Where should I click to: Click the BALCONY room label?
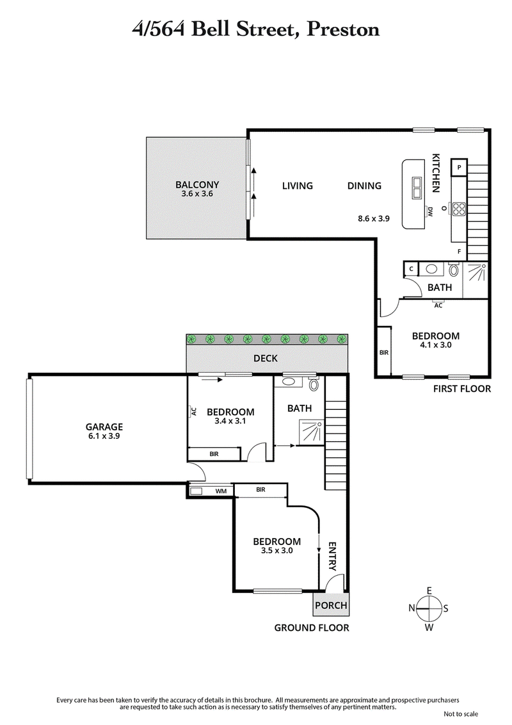pyautogui.click(x=197, y=185)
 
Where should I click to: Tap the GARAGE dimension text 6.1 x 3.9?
pyautogui.click(x=104, y=436)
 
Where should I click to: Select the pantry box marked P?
pyautogui.click(x=460, y=168)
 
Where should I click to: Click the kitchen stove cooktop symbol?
pyautogui.click(x=459, y=208)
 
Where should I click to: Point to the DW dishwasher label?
pyautogui.click(x=430, y=212)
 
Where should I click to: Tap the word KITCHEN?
pyautogui.click(x=436, y=173)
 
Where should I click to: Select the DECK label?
pyautogui.click(x=265, y=358)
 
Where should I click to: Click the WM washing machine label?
pyautogui.click(x=221, y=491)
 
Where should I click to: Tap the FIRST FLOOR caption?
pyautogui.click(x=461, y=389)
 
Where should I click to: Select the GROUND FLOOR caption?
pyautogui.click(x=312, y=628)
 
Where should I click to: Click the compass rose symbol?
pyautogui.click(x=429, y=608)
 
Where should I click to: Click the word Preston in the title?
pyautogui.click(x=343, y=29)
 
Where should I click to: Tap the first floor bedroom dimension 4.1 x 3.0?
pyautogui.click(x=435, y=346)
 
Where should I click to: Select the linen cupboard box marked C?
pyautogui.click(x=410, y=270)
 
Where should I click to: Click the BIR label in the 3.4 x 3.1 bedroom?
pyautogui.click(x=213, y=454)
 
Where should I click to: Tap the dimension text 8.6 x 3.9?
pyautogui.click(x=373, y=218)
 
